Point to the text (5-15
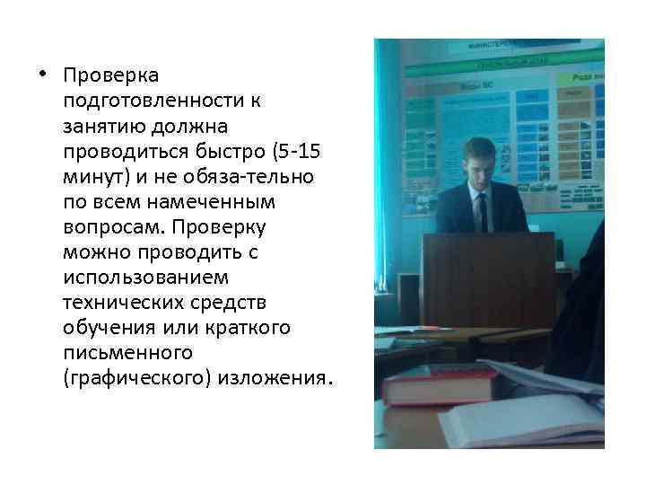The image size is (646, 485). coord(280,151)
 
